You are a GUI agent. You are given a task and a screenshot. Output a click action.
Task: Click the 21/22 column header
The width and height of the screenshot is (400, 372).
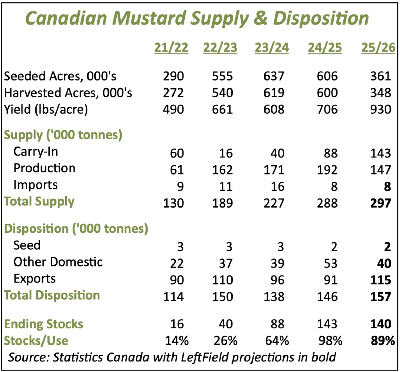[171, 48]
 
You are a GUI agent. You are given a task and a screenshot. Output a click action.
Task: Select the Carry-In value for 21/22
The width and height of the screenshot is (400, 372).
[177, 153]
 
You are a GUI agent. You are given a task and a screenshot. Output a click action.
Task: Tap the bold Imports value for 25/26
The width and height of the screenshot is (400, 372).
[387, 186]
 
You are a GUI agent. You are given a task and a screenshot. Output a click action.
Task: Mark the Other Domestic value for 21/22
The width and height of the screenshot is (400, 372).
[177, 263]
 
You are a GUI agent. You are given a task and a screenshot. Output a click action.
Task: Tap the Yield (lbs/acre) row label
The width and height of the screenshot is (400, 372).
[46, 109]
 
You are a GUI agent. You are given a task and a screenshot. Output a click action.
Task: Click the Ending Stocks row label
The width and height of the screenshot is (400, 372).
[44, 324]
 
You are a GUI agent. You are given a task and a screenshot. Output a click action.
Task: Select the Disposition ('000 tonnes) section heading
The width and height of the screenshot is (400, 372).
[76, 229]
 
